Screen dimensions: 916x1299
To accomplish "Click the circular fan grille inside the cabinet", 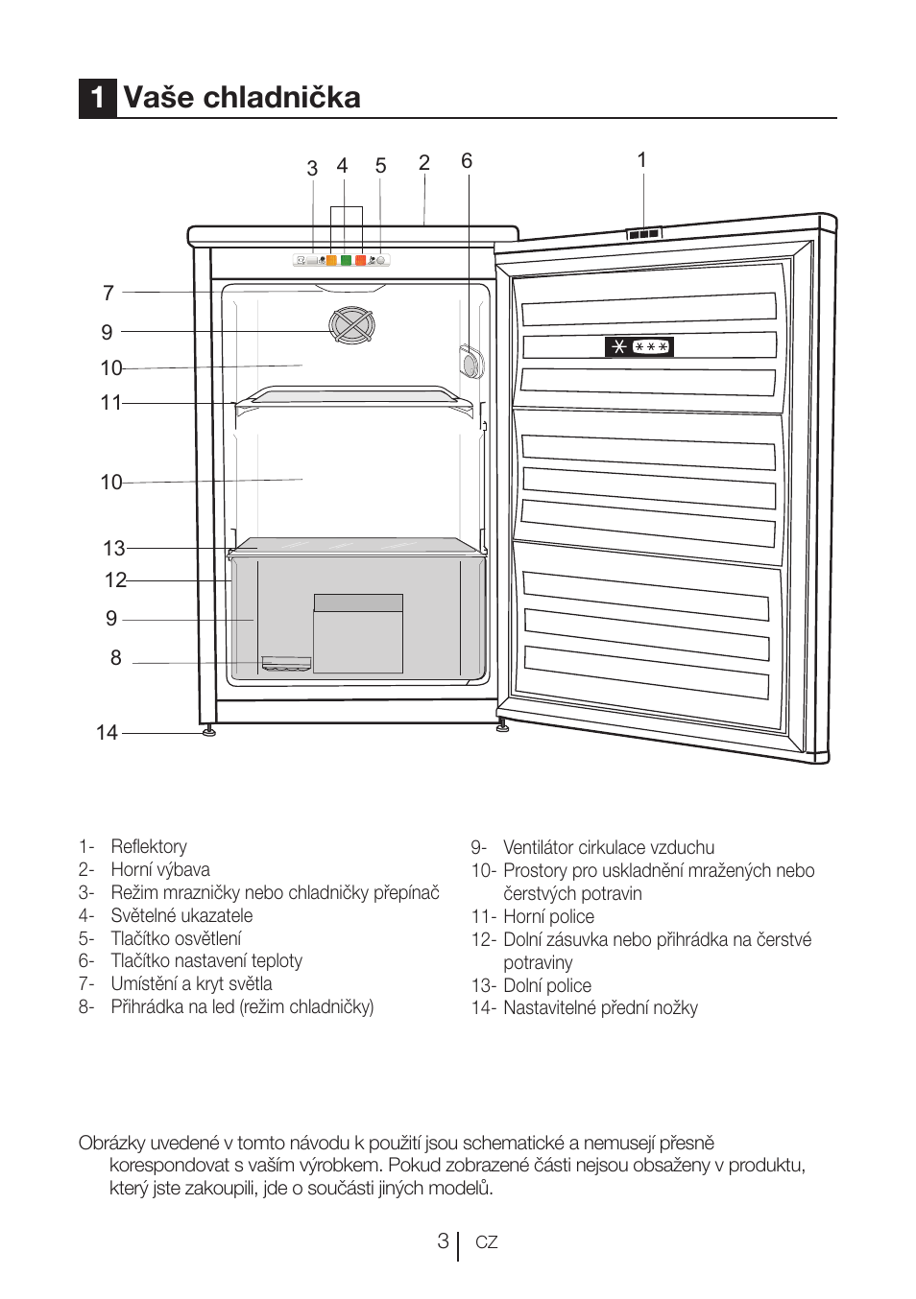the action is point(351,324).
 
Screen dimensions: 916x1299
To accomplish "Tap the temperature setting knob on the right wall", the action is point(470,361).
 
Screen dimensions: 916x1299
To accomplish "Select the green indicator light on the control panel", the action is point(346,260).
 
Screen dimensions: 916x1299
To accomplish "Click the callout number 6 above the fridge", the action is point(467,160).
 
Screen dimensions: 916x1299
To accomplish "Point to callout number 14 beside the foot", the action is point(107,732).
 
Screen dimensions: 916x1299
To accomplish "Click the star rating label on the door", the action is point(639,346).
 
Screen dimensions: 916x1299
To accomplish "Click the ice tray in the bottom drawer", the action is point(286,664).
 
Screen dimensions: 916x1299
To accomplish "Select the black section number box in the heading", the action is point(98,98).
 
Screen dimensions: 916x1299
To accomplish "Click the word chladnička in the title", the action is point(281,96).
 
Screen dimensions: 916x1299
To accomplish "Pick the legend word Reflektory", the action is point(149,846).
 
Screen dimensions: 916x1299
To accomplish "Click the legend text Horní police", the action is point(548,916).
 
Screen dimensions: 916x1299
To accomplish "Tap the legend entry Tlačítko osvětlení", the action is point(176,938).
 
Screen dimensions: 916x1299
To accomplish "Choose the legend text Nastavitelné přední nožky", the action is point(600,1008).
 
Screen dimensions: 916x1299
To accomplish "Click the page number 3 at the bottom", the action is point(443,1241).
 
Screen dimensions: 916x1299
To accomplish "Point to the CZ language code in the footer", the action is point(487,1242).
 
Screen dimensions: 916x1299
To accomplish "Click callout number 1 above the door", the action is point(641,160).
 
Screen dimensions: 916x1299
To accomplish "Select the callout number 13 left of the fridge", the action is point(113,548).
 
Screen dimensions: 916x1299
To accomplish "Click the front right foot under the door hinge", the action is point(502,725).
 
